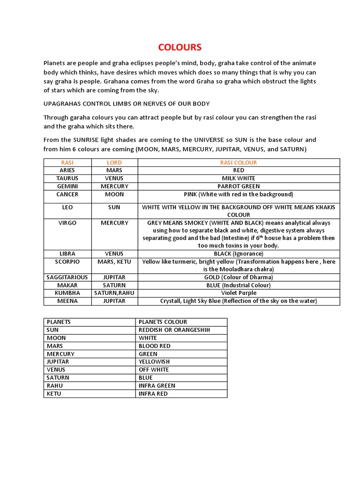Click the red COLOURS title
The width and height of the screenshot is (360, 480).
[180, 47]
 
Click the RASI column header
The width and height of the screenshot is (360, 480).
[67, 163]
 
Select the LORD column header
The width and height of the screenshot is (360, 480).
[114, 163]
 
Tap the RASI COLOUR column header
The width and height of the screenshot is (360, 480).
[239, 163]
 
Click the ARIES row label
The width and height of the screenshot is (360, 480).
[67, 171]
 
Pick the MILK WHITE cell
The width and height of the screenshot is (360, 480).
[239, 179]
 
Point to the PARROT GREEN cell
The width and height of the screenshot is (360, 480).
[239, 187]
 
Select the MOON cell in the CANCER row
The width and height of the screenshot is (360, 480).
[114, 195]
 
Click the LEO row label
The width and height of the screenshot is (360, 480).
[67, 207]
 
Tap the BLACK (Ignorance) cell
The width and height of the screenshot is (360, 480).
[239, 254]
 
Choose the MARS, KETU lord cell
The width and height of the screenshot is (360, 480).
[114, 262]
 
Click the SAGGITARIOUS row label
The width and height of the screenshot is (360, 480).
[67, 277]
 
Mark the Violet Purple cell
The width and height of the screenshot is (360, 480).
[239, 293]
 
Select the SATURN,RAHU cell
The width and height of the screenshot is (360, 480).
[114, 293]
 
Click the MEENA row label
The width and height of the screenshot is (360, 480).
[67, 301]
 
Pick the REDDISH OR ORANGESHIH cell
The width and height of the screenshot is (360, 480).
[168, 330]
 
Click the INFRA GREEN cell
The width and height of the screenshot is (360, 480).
[157, 386]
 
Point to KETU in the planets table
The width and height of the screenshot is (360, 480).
[54, 394]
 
